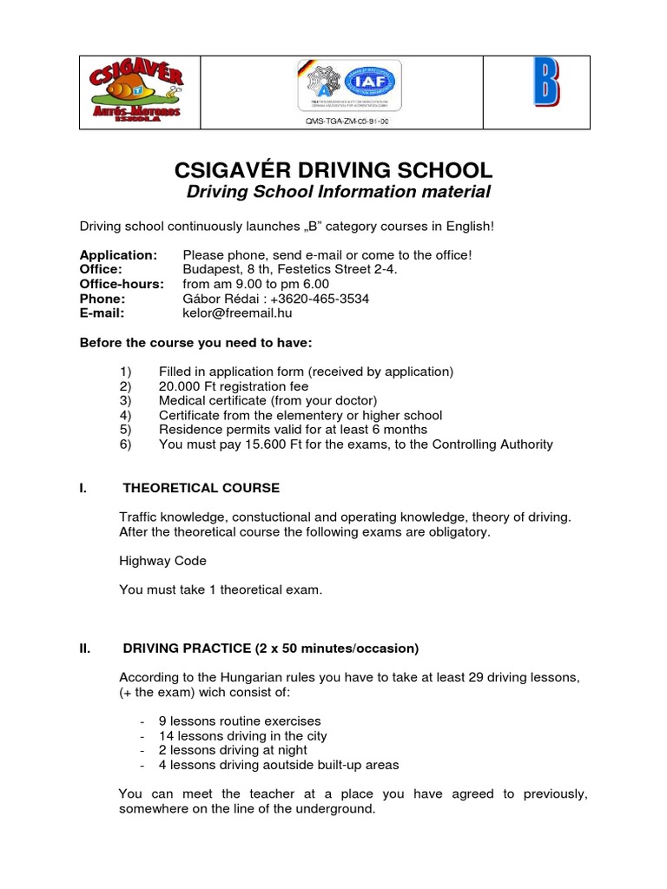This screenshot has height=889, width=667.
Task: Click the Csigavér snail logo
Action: coord(135,91)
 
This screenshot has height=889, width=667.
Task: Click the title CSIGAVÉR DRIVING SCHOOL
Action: coord(333,169)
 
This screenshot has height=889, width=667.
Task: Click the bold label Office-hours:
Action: coord(122,284)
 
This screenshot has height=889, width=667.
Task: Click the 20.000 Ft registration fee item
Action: coord(233,385)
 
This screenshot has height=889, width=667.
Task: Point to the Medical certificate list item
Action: coord(267,400)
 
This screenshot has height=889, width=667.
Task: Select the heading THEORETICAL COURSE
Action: coord(201,488)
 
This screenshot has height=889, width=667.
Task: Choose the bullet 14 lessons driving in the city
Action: coord(242,735)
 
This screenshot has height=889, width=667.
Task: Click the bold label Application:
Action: coord(118,254)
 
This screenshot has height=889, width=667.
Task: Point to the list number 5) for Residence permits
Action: coord(125,430)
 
